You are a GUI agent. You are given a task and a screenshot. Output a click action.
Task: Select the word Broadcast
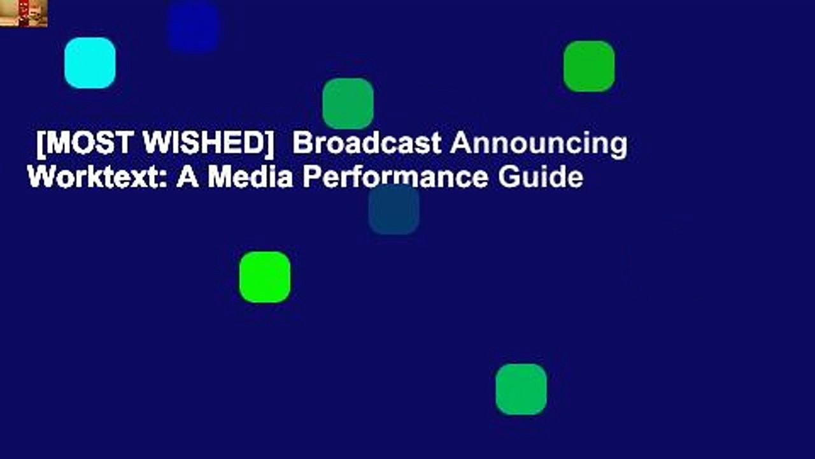pyautogui.click(x=366, y=144)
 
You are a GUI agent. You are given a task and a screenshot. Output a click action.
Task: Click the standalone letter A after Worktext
pyautogui.click(x=188, y=177)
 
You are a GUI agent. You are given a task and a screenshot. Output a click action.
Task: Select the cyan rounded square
pyautogui.click(x=90, y=62)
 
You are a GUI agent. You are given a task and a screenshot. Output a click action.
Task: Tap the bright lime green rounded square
pyautogui.click(x=265, y=277)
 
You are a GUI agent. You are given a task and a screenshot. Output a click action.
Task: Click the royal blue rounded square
pyautogui.click(x=194, y=27)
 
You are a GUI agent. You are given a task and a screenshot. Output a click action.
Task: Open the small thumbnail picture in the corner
pyautogui.click(x=24, y=13)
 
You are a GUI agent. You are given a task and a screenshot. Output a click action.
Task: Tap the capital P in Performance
pyautogui.click(x=310, y=177)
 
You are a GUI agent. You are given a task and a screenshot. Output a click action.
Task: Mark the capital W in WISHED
pyautogui.click(x=155, y=145)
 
